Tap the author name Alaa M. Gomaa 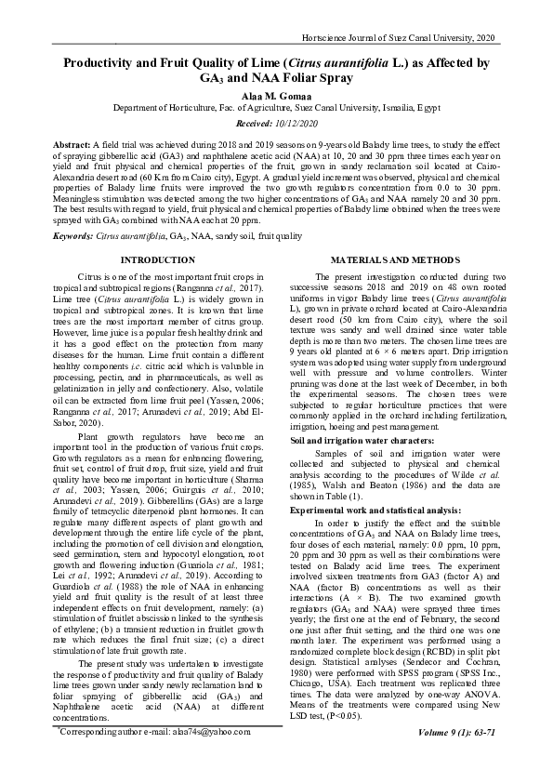click(x=276, y=96)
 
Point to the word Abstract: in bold click(x=72, y=147)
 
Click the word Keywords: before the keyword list click(x=74, y=237)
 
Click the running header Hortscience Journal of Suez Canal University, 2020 click(x=399, y=36)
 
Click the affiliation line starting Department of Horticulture click(x=276, y=109)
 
